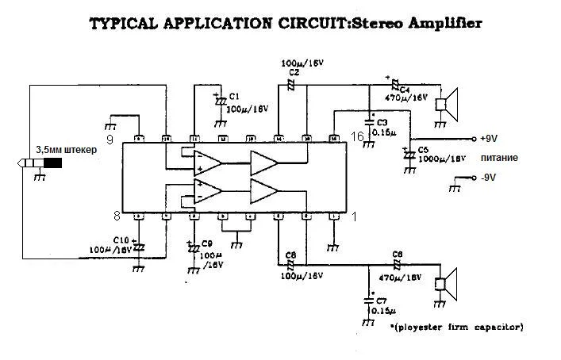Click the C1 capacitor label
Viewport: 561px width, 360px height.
coord(233,96)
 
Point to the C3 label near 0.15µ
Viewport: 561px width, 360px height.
coord(382,122)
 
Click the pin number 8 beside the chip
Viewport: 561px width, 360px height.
coord(116,216)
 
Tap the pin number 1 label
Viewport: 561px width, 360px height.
coord(353,216)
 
